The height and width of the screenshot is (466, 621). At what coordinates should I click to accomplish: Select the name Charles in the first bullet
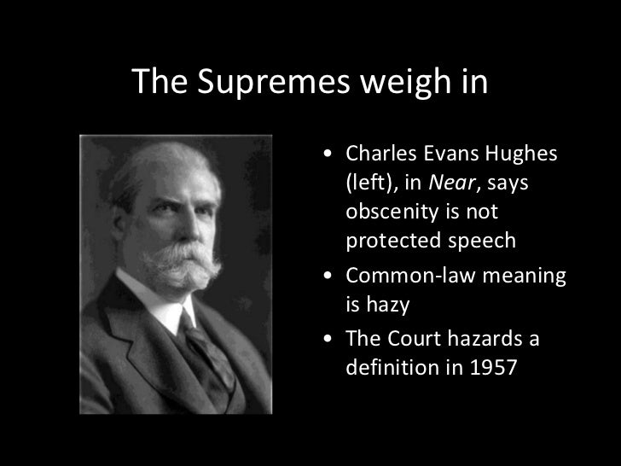tap(377, 154)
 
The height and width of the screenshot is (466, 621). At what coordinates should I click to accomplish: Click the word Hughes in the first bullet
tap(523, 154)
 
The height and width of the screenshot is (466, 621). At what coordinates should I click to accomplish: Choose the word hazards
tap(490, 340)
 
